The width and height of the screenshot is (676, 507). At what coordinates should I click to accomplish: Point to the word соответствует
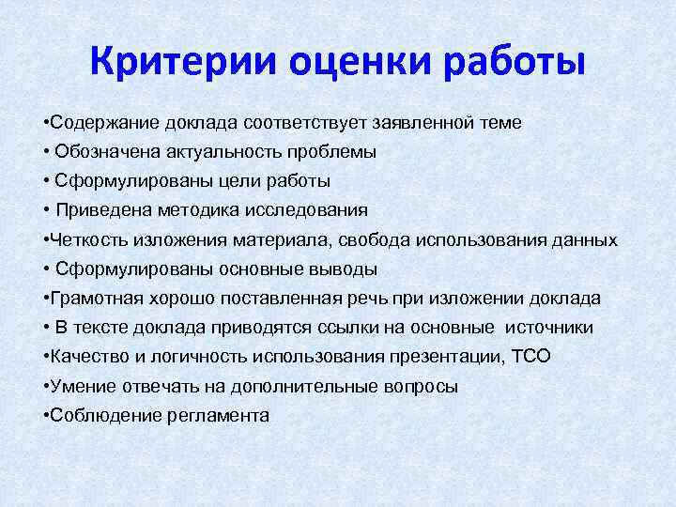(303, 122)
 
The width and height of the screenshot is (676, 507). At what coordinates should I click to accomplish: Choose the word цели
(231, 180)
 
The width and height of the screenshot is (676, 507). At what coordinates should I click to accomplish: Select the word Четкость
(84, 239)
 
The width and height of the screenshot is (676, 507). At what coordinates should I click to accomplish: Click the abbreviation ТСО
(531, 356)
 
